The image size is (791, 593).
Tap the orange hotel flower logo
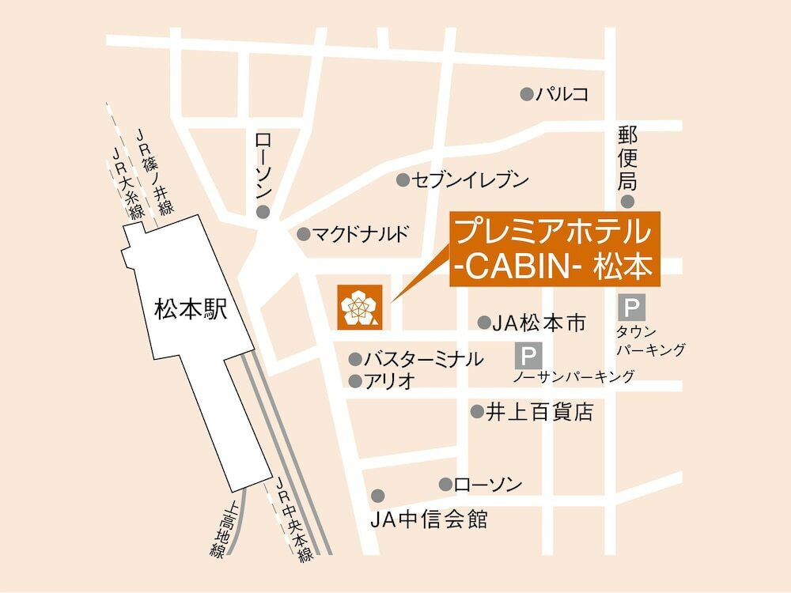point(358,306)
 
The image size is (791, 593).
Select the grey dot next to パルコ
point(527,95)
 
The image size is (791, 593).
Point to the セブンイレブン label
point(471,180)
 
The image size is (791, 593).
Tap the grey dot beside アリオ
point(355,381)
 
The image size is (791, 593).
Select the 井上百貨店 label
point(539,412)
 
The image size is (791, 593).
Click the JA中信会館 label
point(429,520)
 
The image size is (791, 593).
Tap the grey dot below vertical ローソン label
point(263,212)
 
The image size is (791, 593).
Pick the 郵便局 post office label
point(627,153)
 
